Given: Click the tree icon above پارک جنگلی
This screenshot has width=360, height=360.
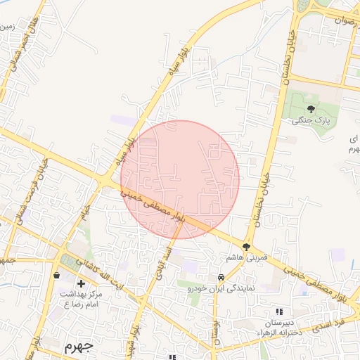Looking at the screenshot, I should (x=310, y=109).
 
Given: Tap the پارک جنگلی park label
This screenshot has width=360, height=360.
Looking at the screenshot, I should (x=310, y=121).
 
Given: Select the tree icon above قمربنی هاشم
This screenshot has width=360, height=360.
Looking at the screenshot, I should (x=246, y=247).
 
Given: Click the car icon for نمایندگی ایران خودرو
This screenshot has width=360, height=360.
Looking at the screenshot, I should (x=221, y=277).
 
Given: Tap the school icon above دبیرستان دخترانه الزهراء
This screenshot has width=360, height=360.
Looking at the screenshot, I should (x=279, y=311).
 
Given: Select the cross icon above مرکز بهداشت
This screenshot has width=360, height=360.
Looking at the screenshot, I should (x=82, y=283).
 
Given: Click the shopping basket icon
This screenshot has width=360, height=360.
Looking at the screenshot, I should (x=56, y=275).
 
